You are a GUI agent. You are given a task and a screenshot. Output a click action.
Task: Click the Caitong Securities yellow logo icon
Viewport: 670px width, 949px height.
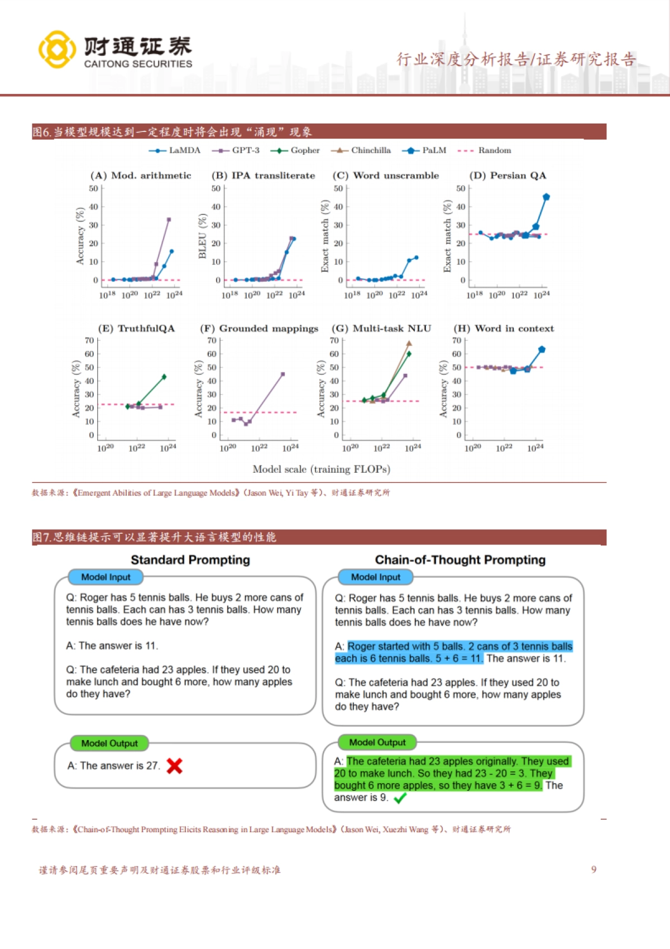click(x=57, y=50)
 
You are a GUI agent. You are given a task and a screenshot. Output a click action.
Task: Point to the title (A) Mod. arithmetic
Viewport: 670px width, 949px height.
click(x=141, y=175)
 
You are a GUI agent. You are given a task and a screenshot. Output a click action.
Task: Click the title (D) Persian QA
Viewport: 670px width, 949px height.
click(x=508, y=175)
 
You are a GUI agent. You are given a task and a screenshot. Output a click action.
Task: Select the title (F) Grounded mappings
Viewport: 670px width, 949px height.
click(x=259, y=329)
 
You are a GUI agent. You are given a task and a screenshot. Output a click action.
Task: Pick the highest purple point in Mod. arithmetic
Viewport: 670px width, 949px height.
click(x=169, y=220)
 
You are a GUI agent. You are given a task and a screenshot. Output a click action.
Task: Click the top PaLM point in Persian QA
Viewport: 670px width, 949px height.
click(x=546, y=197)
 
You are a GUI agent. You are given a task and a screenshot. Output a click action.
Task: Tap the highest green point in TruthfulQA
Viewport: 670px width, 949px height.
click(x=164, y=377)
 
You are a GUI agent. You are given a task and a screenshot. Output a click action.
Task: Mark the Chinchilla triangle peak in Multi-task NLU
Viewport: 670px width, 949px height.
click(x=409, y=344)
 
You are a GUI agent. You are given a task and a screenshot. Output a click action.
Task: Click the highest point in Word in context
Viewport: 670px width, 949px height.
click(x=542, y=349)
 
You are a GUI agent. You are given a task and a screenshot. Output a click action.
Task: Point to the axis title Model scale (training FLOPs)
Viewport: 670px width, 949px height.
click(x=321, y=469)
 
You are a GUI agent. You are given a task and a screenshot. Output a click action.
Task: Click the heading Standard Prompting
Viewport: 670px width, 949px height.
click(x=190, y=560)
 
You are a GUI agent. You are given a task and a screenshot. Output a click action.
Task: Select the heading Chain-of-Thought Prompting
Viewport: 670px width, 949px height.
click(x=460, y=560)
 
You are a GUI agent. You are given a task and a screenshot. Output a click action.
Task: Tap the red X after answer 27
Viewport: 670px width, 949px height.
click(x=175, y=766)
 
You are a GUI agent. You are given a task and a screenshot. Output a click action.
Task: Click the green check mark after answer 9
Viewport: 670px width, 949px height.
click(x=400, y=799)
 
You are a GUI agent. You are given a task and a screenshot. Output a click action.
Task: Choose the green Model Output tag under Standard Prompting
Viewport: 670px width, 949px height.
click(x=109, y=743)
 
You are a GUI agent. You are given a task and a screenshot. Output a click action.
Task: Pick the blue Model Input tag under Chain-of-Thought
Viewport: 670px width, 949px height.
click(x=376, y=577)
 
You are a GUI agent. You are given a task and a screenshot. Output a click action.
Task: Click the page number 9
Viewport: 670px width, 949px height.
click(x=594, y=870)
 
